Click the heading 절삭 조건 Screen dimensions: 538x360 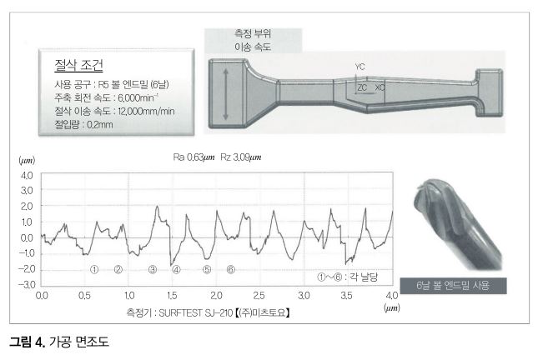pyautogui.click(x=78, y=65)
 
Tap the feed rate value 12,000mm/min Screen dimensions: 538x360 pyautogui.click(x=146, y=111)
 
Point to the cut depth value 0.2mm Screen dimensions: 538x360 pyautogui.click(x=100, y=124)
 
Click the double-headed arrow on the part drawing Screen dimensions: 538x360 pyautogui.click(x=225, y=94)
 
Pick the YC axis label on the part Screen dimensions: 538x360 pyautogui.click(x=360, y=67)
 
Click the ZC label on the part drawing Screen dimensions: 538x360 pyautogui.click(x=362, y=87)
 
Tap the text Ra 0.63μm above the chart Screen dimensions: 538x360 pyautogui.click(x=194, y=157)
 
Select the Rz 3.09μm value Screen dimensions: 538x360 pyautogui.click(x=240, y=157)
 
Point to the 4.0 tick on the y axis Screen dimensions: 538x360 pyautogui.click(x=27, y=176)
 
